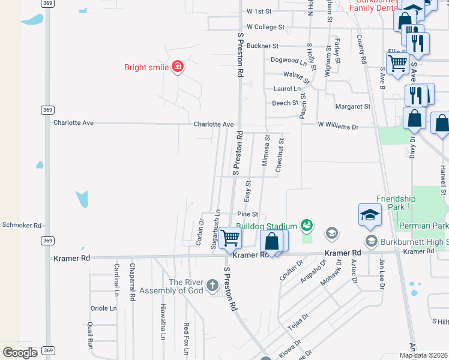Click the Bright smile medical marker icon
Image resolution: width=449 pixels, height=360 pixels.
click(x=177, y=67)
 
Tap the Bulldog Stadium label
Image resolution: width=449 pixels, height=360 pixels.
click(x=267, y=226)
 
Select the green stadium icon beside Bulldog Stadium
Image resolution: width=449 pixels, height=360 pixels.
click(x=307, y=225)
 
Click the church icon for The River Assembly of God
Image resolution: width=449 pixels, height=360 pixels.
click(x=212, y=286)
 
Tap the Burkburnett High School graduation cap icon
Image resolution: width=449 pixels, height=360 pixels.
click(x=370, y=241)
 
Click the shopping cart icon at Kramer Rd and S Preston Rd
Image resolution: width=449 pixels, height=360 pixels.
click(x=230, y=238)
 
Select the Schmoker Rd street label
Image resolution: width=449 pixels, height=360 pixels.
click(x=21, y=225)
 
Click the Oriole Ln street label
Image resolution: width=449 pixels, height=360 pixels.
click(x=103, y=308)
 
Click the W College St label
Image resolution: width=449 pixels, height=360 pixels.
click(x=265, y=27)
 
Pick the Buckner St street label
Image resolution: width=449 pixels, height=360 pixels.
click(x=263, y=46)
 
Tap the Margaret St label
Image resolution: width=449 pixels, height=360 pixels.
click(x=353, y=106)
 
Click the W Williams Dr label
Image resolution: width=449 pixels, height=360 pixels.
click(x=338, y=127)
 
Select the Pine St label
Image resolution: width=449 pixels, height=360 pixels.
click(x=247, y=214)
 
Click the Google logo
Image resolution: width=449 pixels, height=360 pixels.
click(x=20, y=352)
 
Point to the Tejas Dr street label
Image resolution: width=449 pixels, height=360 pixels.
click(x=298, y=325)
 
